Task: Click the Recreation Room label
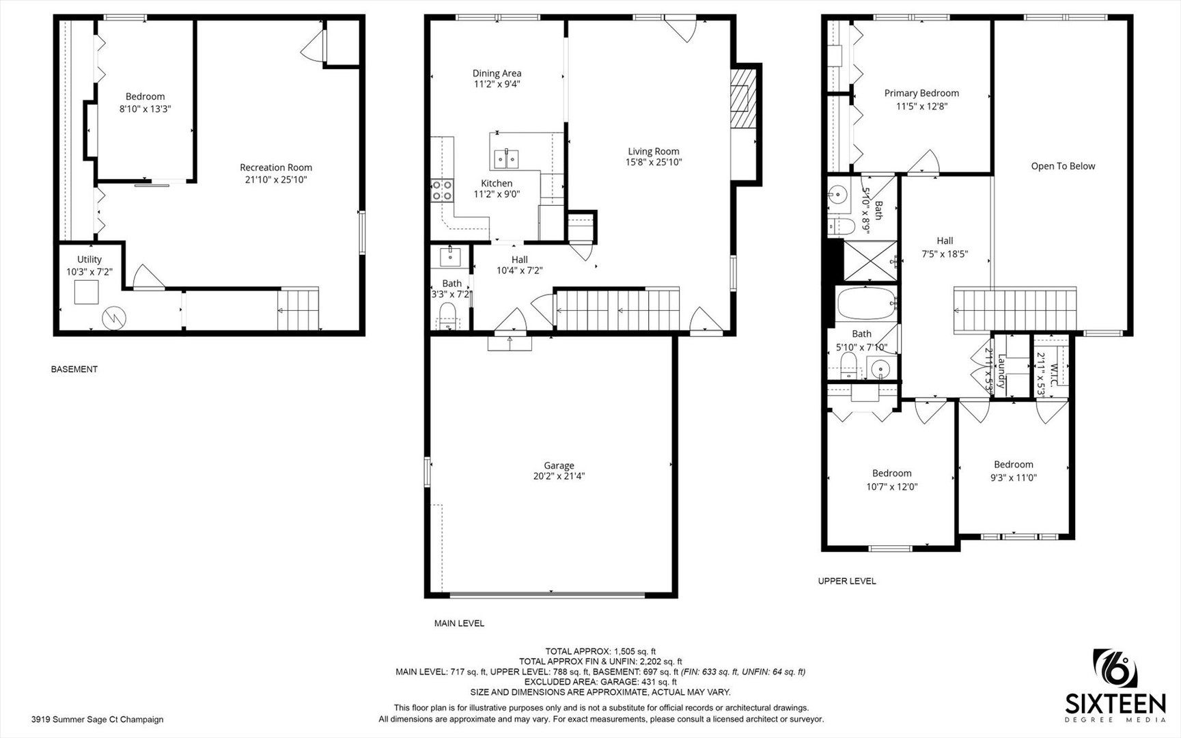point(276,167)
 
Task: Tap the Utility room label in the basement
point(89,259)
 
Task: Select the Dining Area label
point(497,73)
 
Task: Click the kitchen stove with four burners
point(442,189)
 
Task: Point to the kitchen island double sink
point(505,159)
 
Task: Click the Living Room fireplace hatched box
point(741,98)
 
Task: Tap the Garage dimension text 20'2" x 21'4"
point(559,477)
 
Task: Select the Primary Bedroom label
point(921,93)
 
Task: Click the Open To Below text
point(1063,166)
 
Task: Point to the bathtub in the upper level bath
point(865,303)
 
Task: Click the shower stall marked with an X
point(869,260)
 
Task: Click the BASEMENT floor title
point(74,369)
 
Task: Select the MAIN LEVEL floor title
point(459,623)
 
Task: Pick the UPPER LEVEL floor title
point(847,581)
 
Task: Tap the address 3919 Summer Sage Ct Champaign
point(97,719)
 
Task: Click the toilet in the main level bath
point(447,316)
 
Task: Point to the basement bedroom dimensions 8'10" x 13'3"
point(145,109)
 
